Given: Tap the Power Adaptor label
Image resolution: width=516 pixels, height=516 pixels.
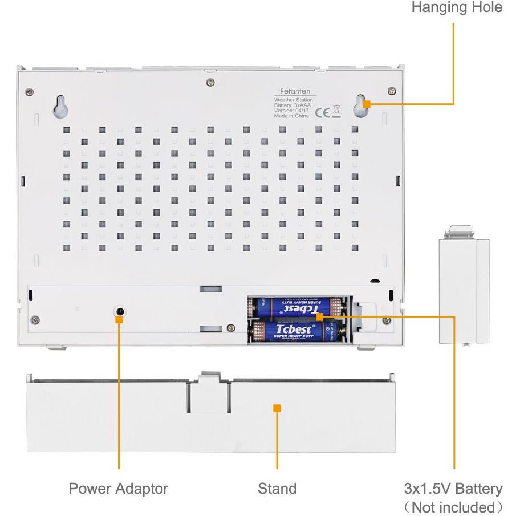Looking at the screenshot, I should point(119,489).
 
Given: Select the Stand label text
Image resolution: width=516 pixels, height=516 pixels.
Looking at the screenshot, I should point(277,489).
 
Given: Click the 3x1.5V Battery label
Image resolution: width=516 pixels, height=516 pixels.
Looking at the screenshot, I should point(453,489).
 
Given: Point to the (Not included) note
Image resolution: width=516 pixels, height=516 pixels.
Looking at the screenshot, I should point(453,507).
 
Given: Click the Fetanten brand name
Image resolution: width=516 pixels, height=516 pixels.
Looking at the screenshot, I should point(294,91).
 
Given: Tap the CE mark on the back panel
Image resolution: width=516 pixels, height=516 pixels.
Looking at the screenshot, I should point(323,111).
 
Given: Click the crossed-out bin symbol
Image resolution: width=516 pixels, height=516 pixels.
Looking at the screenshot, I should point(336,111).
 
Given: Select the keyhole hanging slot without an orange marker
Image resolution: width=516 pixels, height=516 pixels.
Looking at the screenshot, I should point(61,105).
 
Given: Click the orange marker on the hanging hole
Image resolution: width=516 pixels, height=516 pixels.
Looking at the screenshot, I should point(367,104).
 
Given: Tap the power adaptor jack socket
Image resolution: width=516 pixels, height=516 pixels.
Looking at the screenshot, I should point(120,311).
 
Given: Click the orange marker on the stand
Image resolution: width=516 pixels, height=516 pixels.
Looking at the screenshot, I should point(277,408).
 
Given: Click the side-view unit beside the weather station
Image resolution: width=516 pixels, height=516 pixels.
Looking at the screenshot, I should point(464,291).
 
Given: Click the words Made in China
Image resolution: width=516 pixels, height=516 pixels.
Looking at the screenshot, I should point(291,116).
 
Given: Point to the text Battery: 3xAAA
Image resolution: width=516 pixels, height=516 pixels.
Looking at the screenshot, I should point(292,105).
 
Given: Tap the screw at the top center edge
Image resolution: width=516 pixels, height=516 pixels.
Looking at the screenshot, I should point(212,83).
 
